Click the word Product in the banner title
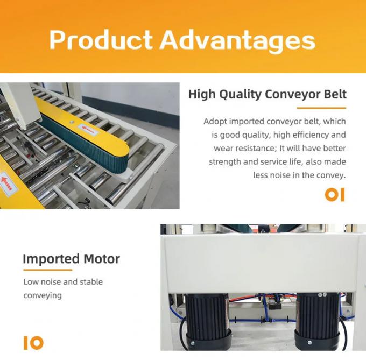(101, 40)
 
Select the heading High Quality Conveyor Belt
(267, 95)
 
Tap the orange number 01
(335, 195)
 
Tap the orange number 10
(33, 343)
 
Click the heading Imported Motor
(71, 259)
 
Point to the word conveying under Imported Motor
(43, 295)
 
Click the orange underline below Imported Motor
(47, 270)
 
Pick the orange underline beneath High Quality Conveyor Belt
(321, 108)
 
